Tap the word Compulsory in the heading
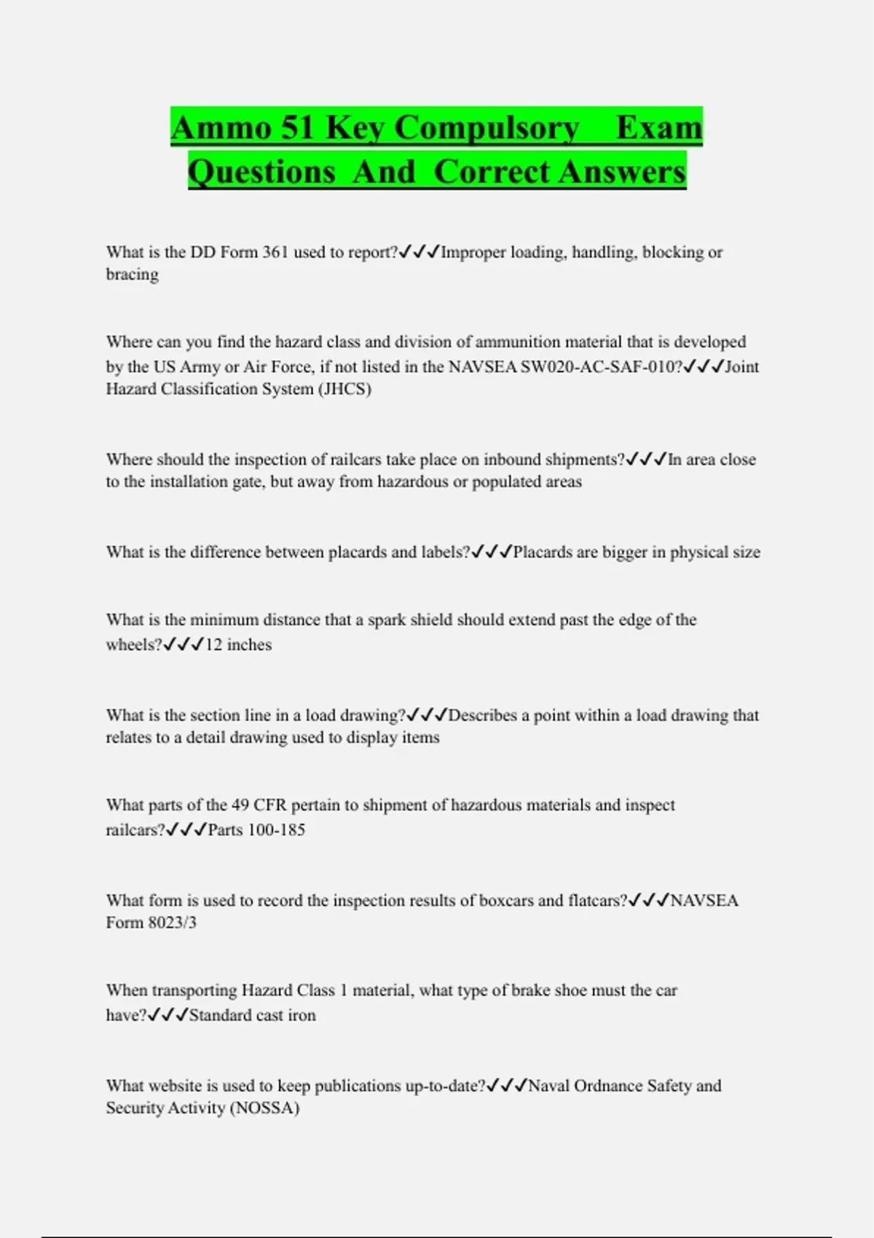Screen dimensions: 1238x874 [488, 127]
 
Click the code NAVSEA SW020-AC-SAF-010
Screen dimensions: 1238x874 [561, 366]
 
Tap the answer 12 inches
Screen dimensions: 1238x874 [238, 644]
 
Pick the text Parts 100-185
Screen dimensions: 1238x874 [256, 829]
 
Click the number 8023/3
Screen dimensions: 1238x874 [173, 923]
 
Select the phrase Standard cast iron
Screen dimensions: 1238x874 [253, 1015]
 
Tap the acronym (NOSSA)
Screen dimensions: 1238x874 [264, 1108]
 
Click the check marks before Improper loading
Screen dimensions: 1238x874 [420, 252]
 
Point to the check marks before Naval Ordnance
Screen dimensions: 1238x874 [507, 1086]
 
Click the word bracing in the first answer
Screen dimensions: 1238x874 [132, 275]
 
